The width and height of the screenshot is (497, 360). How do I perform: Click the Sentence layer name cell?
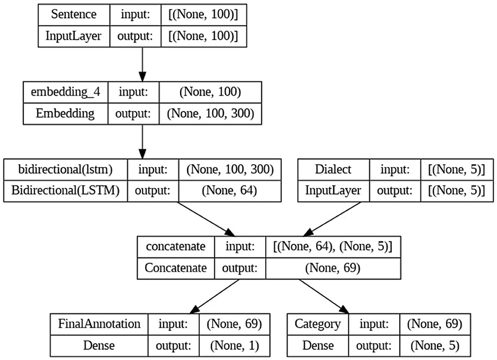(73, 14)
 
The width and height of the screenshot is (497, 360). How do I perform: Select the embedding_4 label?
(66, 93)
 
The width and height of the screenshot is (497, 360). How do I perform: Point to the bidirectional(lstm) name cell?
(66, 171)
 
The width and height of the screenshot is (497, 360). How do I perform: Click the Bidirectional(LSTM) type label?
(66, 191)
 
